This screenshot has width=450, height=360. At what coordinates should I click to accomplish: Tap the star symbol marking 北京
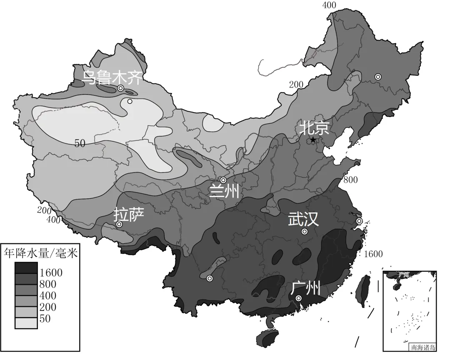tap(313, 140)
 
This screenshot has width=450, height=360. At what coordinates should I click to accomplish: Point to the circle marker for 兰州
tap(223, 180)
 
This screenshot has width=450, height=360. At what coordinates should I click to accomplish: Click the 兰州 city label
tap(224, 192)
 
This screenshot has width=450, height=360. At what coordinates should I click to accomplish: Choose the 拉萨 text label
tap(129, 214)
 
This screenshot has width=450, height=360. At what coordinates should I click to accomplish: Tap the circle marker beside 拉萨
tap(119, 224)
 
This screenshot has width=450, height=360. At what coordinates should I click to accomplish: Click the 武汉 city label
tap(303, 220)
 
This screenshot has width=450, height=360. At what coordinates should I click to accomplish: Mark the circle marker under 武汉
tap(305, 232)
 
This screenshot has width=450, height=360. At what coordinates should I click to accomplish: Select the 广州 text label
tap(305, 287)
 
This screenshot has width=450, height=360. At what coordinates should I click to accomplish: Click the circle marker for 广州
tap(299, 298)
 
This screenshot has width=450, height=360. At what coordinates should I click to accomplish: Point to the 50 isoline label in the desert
tap(80, 143)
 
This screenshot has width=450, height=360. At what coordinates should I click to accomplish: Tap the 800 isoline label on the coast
tap(350, 180)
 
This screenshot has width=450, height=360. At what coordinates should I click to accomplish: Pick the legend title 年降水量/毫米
tap(40, 253)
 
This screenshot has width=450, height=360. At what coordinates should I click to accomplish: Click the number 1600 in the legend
tap(51, 273)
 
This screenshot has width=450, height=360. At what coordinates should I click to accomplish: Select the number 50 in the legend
tap(45, 319)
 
